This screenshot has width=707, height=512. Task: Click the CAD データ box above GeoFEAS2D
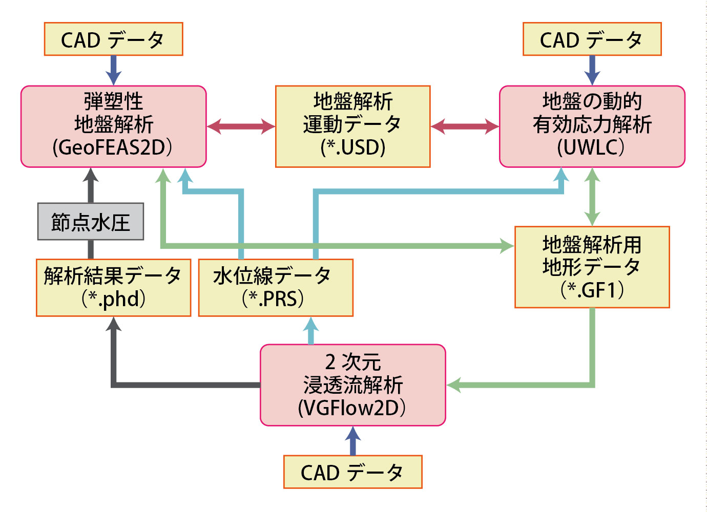coord(114,39)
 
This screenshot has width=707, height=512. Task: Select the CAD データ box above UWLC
coord(592,39)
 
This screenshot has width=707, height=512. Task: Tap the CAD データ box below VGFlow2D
coord(353,472)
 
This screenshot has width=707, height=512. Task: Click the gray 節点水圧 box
coord(91,222)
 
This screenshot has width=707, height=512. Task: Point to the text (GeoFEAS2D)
coord(113,147)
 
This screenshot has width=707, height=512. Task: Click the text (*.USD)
coord(353,147)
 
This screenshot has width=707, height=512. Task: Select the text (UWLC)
coord(591,147)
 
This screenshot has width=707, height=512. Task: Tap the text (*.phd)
coord(114,298)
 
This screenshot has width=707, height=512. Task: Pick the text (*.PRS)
coord(273,298)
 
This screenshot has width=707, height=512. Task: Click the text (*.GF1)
coord(592,290)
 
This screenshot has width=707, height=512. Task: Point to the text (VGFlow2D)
coord(352,408)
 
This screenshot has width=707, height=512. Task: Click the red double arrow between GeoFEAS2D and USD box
coord(241,126)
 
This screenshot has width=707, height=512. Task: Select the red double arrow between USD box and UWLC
coord(465,126)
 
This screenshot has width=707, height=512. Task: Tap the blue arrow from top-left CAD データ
coord(114,70)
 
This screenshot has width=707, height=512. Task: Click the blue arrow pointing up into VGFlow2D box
coord(353,441)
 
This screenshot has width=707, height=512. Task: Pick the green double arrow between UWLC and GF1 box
coord(592,197)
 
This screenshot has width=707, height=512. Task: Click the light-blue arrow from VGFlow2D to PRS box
coord(310,330)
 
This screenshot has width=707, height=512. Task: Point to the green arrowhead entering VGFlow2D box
coord(454,385)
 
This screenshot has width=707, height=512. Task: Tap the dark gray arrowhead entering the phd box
coord(114,324)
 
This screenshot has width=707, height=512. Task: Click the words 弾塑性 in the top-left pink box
coord(114,101)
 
